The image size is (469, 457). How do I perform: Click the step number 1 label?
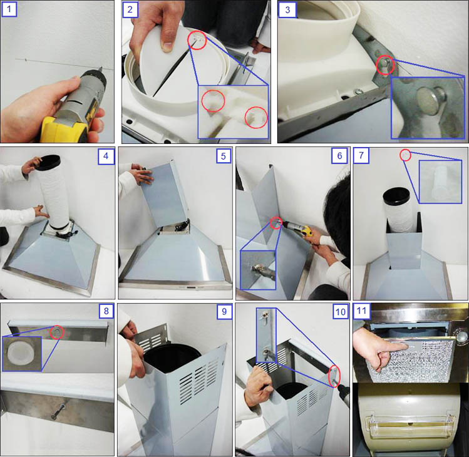tap(9, 9)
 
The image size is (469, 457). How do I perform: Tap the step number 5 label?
tap(224, 156)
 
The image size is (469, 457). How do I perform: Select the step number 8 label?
tap(106, 311)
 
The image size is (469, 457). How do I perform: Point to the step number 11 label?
tap(362, 311)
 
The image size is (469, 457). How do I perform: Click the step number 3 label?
tap(287, 9)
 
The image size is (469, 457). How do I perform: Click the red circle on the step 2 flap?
tap(197, 40)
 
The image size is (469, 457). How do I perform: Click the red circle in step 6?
tap(276, 223)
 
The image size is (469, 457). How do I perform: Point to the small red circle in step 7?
tap(406, 155)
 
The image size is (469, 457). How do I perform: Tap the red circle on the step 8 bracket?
tap(57, 332)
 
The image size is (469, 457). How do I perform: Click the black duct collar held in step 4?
tap(50, 163)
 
